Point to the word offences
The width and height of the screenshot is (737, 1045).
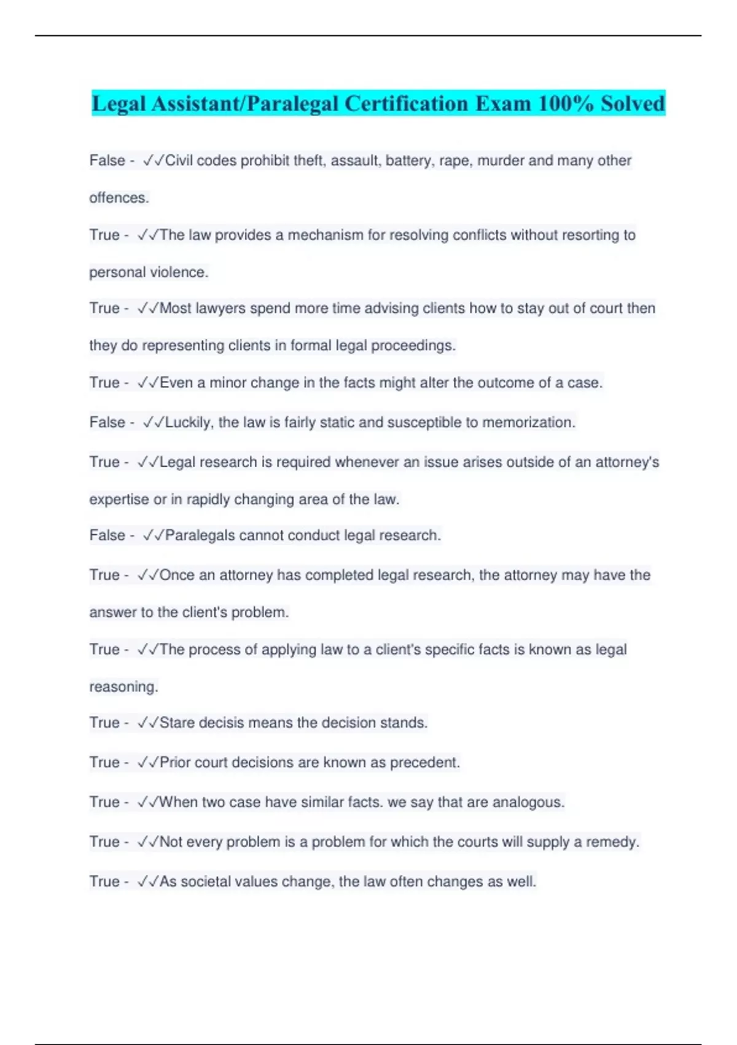pos(119,198)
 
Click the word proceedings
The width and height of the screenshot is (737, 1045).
pos(418,345)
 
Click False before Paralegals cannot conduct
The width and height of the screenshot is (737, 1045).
pos(107,535)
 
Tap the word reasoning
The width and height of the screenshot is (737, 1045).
pos(123,687)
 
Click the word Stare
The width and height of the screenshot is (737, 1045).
pos(177,722)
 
